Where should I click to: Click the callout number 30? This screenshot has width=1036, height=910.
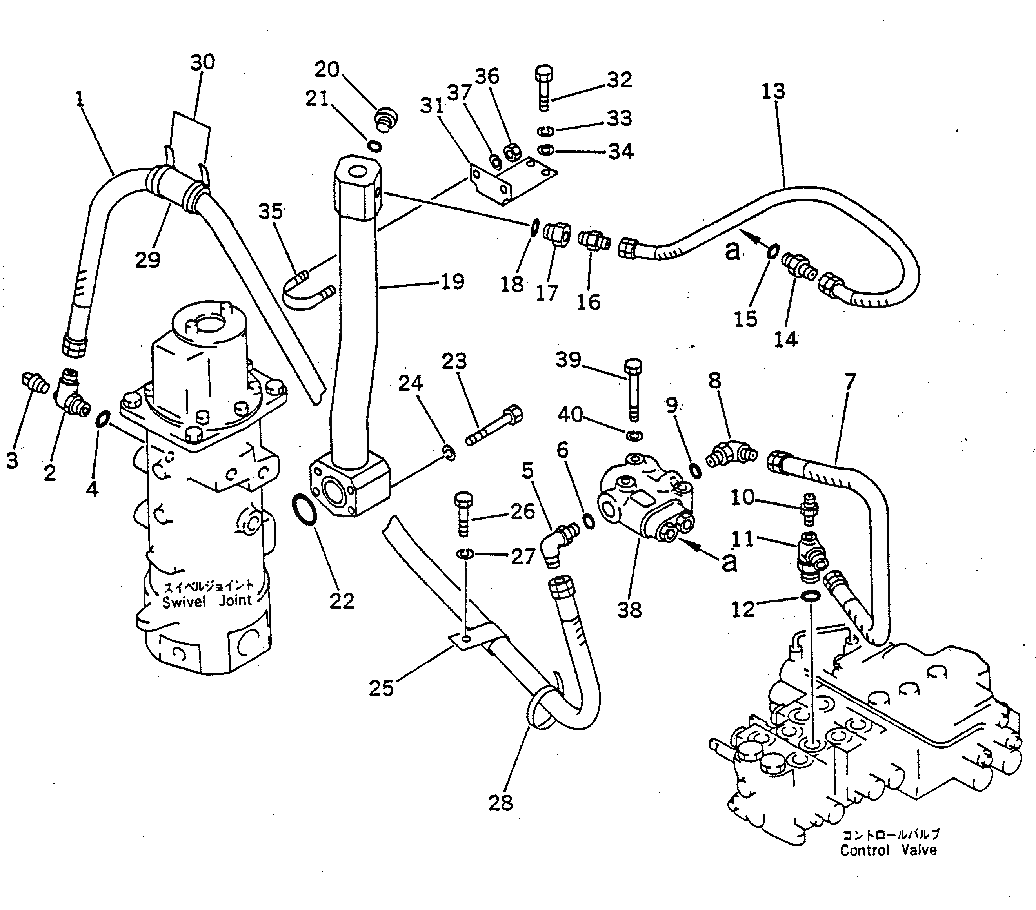202,62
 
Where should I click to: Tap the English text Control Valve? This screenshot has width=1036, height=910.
888,850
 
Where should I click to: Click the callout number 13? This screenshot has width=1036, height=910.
773,92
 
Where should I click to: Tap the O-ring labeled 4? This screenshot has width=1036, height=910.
102,419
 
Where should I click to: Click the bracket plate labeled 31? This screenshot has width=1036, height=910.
512,179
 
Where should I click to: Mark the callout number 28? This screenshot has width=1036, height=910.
501,803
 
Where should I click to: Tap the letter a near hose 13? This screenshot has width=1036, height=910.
731,251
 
